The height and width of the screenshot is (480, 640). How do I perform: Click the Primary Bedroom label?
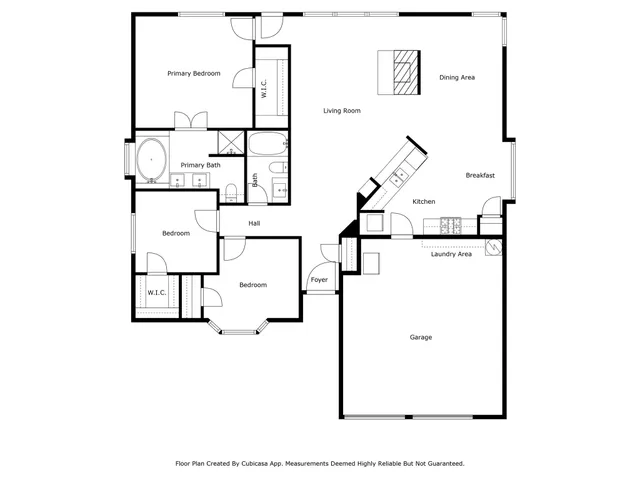[x=194, y=73]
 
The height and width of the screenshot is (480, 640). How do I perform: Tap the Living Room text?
[x=341, y=111]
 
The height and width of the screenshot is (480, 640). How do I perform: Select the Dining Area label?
[x=456, y=77]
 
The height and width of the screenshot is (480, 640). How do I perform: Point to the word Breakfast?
[x=480, y=176]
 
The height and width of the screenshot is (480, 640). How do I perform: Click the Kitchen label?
[x=424, y=202]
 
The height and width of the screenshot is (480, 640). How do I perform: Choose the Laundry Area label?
[x=451, y=254]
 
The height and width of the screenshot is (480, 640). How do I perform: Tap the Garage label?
[x=421, y=337]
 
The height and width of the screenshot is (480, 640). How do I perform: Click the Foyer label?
[x=319, y=280]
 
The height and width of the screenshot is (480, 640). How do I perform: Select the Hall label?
[x=254, y=223]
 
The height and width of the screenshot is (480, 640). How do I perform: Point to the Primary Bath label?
[x=200, y=165]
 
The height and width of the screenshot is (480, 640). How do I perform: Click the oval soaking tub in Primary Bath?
[x=152, y=160]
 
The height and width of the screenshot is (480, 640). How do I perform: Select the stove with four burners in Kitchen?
[x=450, y=226]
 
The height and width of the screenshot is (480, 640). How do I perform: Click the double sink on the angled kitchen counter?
[x=400, y=176]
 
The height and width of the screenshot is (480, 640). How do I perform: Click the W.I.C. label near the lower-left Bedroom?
[x=156, y=293]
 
